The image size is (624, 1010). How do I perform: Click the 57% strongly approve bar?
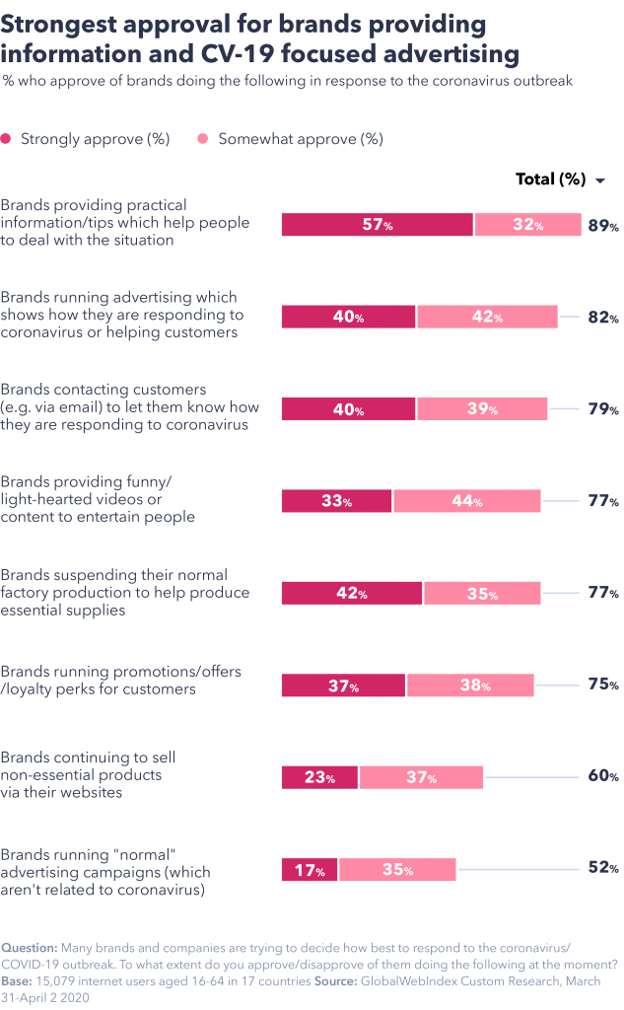point(378,225)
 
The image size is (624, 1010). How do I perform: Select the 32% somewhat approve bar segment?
point(527,225)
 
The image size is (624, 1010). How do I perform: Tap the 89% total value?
point(603,226)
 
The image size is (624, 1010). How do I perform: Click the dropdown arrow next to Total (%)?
point(599,180)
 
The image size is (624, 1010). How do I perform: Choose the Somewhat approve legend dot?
point(203,140)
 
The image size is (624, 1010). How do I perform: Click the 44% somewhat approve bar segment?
point(466,501)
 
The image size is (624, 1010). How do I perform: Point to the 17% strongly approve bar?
point(310,870)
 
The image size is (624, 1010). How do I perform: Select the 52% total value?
point(603,869)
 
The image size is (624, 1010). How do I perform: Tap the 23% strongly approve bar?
point(319,777)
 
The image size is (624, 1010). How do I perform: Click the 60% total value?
point(603,776)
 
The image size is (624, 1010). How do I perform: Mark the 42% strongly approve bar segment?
point(352,594)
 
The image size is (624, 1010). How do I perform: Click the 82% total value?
point(603,318)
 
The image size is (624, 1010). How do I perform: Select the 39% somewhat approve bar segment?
point(481,409)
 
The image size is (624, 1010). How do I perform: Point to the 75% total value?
point(603,685)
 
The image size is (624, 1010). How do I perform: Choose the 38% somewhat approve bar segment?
point(469,685)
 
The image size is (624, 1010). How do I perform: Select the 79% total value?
point(603,409)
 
